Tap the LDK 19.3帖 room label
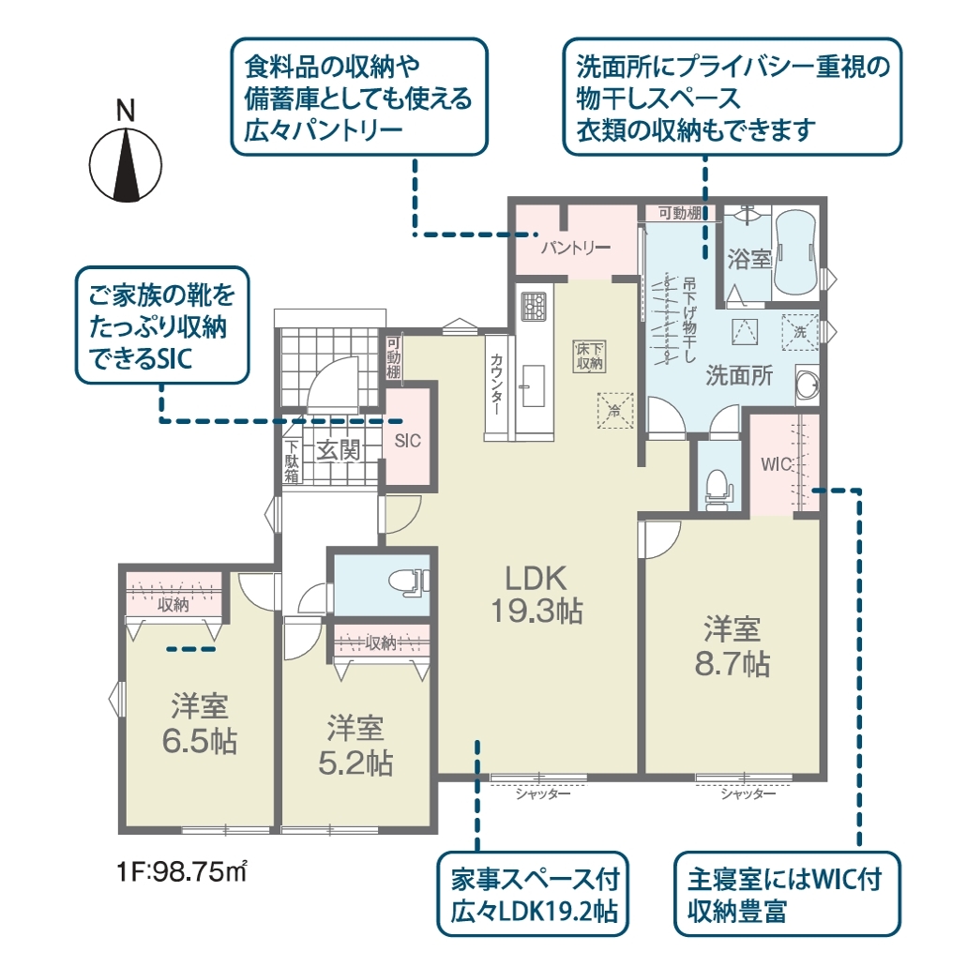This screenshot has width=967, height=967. click(536, 596)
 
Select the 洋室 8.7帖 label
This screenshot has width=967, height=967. click(732, 647)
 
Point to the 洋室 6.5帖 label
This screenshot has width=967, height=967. click(200, 724)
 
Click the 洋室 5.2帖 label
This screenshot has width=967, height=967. click(355, 746)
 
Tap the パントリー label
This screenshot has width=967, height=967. click(576, 248)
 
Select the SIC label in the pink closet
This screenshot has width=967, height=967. click(408, 441)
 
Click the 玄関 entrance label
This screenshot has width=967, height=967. click(339, 449)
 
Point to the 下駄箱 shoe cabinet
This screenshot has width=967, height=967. click(292, 461)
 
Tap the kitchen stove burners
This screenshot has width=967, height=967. click(532, 305)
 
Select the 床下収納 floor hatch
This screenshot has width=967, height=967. click(589, 356)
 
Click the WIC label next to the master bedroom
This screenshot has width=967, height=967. click(777, 464)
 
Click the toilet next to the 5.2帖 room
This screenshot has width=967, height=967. click(409, 582)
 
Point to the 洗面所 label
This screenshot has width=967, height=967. click(739, 375)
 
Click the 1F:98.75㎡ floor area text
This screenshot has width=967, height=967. click(183, 872)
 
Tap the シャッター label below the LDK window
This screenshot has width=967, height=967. click(543, 794)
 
